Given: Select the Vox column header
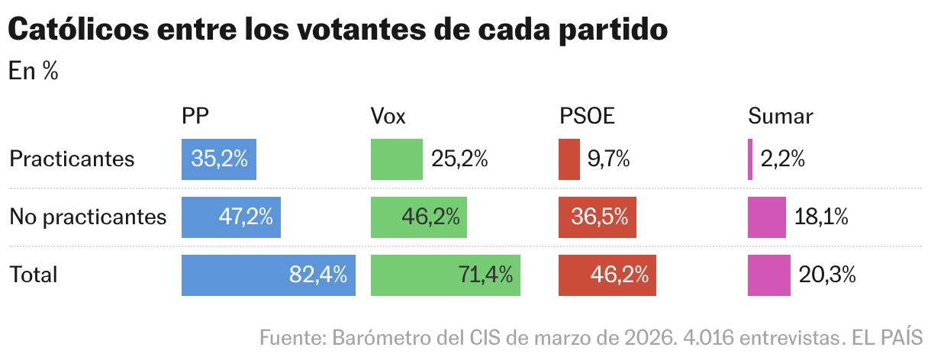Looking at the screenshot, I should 388,116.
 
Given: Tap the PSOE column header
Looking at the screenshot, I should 587,116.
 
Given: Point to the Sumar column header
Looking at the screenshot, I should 781,116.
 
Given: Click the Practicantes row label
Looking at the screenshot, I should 72,159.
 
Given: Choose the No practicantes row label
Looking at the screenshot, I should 88,217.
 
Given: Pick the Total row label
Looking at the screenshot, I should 34,275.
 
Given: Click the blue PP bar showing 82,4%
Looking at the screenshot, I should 269,275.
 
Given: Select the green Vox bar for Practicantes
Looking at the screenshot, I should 396,159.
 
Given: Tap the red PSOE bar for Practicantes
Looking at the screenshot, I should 569,159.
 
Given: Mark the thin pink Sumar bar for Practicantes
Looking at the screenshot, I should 750,159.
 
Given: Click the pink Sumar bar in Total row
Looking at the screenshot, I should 769,275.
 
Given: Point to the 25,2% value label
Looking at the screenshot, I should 459,159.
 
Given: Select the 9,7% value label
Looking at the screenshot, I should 608,159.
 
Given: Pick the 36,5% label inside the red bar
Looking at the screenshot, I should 600,217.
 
